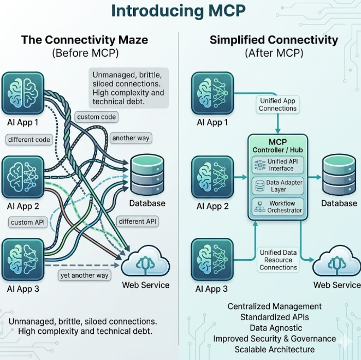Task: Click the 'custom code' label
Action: pyautogui.click(x=97, y=117)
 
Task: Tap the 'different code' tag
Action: pyautogui.click(x=29, y=140)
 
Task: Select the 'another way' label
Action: pyautogui.click(x=131, y=138)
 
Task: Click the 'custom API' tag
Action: pyautogui.click(x=28, y=223)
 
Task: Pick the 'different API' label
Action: pyautogui.click(x=138, y=221)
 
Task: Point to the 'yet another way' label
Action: pyautogui.click(x=84, y=275)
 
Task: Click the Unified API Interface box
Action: pyautogui.click(x=278, y=165)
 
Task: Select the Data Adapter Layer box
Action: pyautogui.click(x=278, y=186)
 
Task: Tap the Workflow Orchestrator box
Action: pyautogui.click(x=278, y=207)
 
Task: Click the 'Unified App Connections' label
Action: pyautogui.click(x=277, y=105)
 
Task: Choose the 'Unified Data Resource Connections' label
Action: pyautogui.click(x=278, y=260)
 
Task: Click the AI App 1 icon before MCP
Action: pyautogui.click(x=23, y=93)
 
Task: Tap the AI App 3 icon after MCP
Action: pyautogui.click(x=212, y=259)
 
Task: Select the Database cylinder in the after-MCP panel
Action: pyautogui.click(x=339, y=175)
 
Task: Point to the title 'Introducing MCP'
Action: pyautogui.click(x=179, y=10)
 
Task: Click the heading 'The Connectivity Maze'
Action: pyautogui.click(x=85, y=40)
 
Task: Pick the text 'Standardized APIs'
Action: pyautogui.click(x=274, y=317)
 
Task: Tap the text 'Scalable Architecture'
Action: pyautogui.click(x=274, y=350)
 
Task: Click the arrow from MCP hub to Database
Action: pyautogui.click(x=315, y=177)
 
